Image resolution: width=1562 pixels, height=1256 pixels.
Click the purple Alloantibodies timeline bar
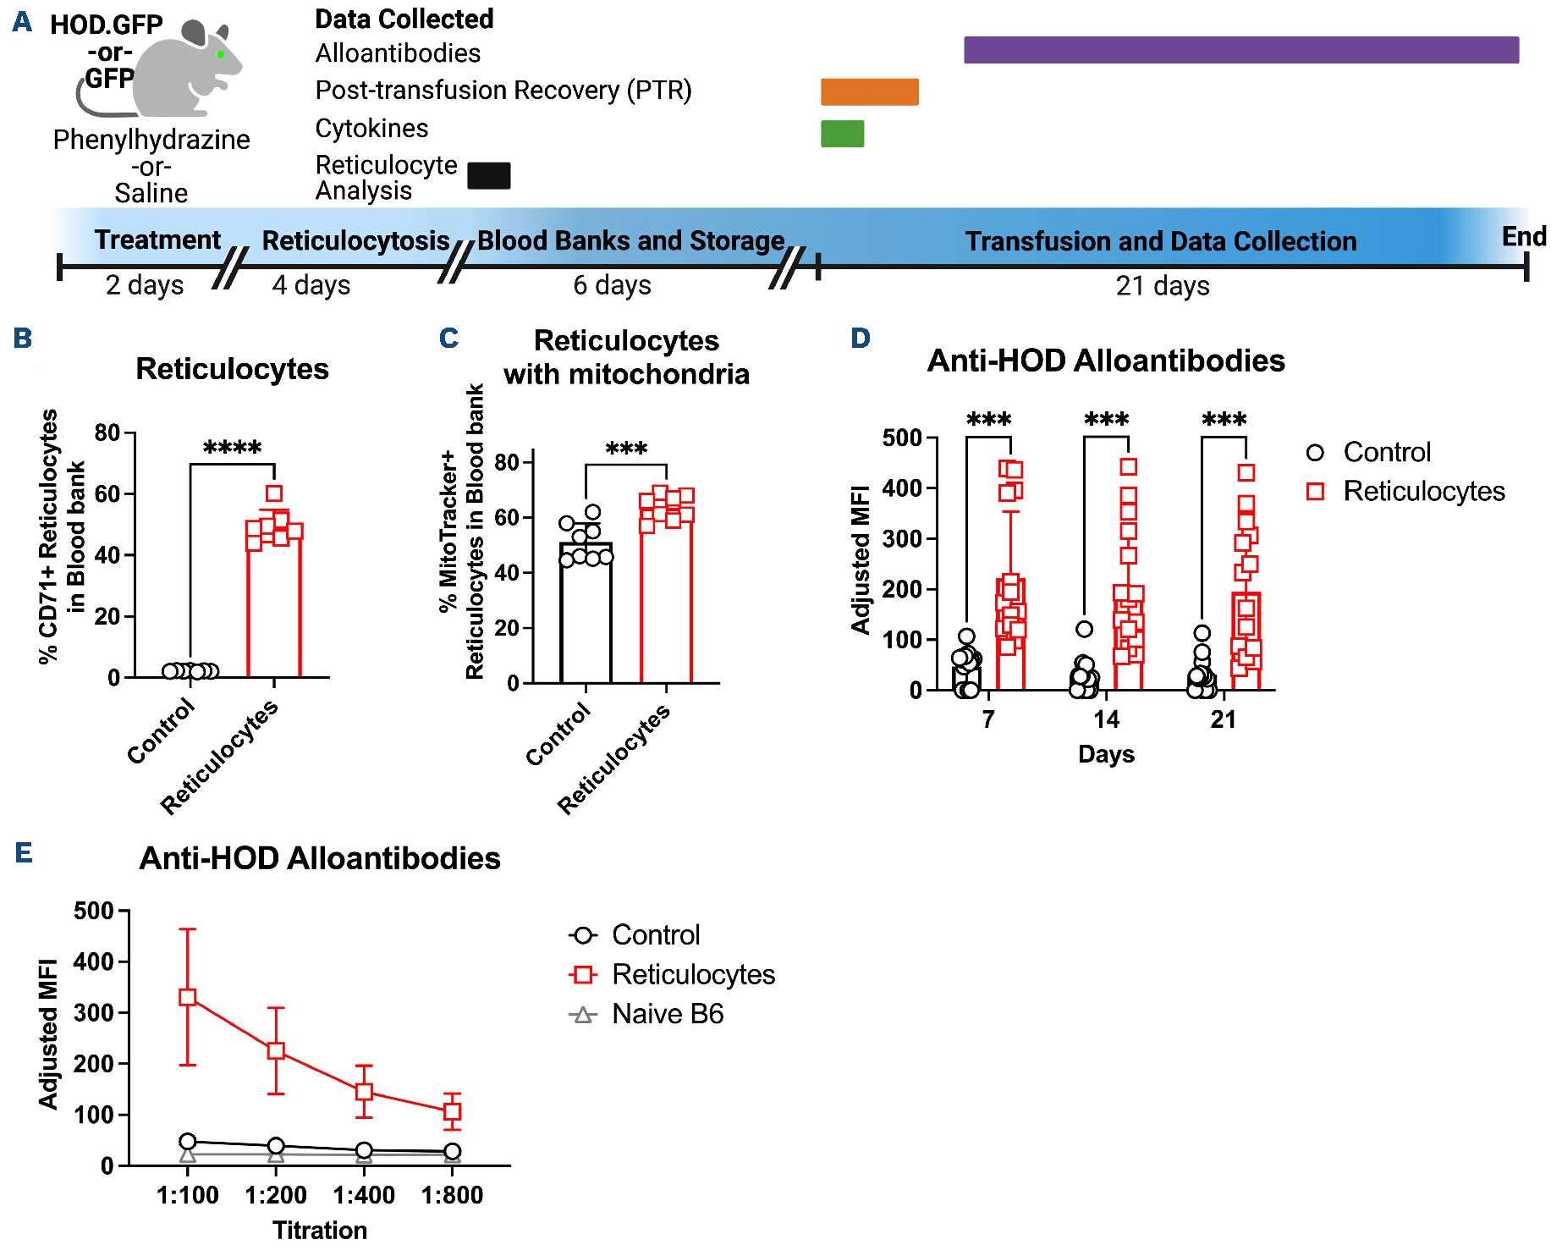[x=1240, y=50]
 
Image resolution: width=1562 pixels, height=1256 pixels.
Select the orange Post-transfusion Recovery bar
[x=869, y=91]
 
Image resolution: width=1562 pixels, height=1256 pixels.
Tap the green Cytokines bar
[x=842, y=134]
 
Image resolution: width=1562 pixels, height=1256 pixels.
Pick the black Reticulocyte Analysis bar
[x=488, y=175]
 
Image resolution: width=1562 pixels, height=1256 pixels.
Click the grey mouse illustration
[x=186, y=72]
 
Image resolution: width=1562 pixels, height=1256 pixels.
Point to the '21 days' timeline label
[x=1162, y=286]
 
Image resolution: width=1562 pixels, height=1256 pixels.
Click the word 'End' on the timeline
[x=1523, y=236]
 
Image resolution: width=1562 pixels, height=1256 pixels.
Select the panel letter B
[x=23, y=339]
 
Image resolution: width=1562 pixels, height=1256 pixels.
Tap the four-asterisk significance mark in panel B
[x=232, y=448]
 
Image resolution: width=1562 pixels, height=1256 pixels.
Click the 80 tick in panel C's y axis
[x=507, y=462]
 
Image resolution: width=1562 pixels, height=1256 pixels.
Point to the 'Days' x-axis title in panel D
[x=1106, y=754]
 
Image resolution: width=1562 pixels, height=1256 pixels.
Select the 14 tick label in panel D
[x=1106, y=719]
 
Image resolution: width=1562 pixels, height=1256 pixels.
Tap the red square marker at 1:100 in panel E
[x=188, y=997]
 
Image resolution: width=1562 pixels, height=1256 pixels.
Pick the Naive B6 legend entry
[x=647, y=1014]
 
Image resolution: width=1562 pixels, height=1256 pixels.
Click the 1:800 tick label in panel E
[x=452, y=1195]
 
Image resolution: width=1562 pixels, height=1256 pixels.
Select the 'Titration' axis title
[x=320, y=1230]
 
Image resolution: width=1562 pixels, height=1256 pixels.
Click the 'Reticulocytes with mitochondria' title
[x=626, y=357]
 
